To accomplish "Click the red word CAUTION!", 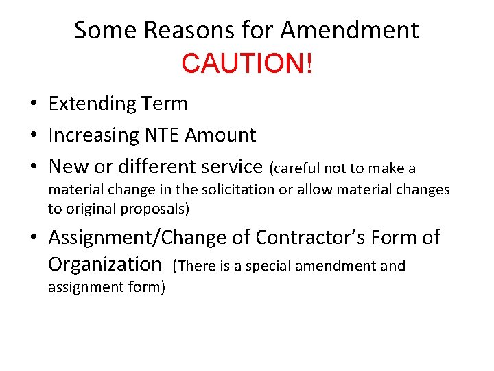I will click(x=247, y=63).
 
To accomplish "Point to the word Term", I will click(x=165, y=104).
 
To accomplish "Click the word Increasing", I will click(x=93, y=135).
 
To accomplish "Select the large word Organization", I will click(x=104, y=264).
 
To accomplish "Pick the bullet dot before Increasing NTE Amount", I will click(x=33, y=136).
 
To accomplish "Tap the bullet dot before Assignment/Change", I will click(x=33, y=238).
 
